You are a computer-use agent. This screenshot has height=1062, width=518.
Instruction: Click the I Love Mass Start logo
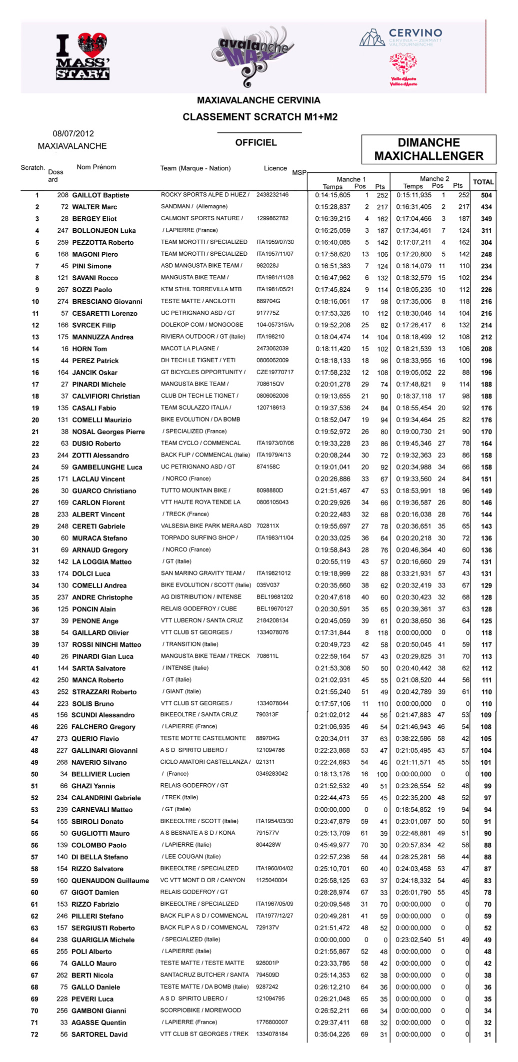(83, 56)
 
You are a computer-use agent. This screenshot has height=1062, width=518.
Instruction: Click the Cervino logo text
(415, 33)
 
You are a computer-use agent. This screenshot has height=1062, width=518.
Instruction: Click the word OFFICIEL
(256, 143)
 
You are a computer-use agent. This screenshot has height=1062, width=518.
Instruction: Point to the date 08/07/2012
(73, 134)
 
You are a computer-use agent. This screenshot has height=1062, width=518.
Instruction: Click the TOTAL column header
(483, 182)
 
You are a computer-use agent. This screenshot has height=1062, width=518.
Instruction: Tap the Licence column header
(275, 168)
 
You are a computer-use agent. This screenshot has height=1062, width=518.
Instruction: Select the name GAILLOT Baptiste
(100, 195)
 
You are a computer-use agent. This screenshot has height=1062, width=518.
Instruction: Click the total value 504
(486, 195)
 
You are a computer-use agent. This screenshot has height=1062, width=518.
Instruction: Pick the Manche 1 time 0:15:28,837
(332, 207)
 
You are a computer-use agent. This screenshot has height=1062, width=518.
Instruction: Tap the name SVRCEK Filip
(94, 325)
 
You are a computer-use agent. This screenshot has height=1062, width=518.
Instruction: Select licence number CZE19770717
(275, 372)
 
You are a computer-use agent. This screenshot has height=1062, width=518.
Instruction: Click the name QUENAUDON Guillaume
(110, 881)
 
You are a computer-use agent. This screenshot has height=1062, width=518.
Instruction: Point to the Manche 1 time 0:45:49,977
(332, 845)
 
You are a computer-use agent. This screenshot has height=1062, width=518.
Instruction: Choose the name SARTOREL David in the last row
(99, 1035)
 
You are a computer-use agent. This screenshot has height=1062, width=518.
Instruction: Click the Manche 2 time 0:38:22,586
(413, 739)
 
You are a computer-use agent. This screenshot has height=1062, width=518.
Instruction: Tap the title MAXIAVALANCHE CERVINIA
(258, 100)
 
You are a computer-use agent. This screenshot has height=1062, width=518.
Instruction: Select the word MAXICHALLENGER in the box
(428, 156)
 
